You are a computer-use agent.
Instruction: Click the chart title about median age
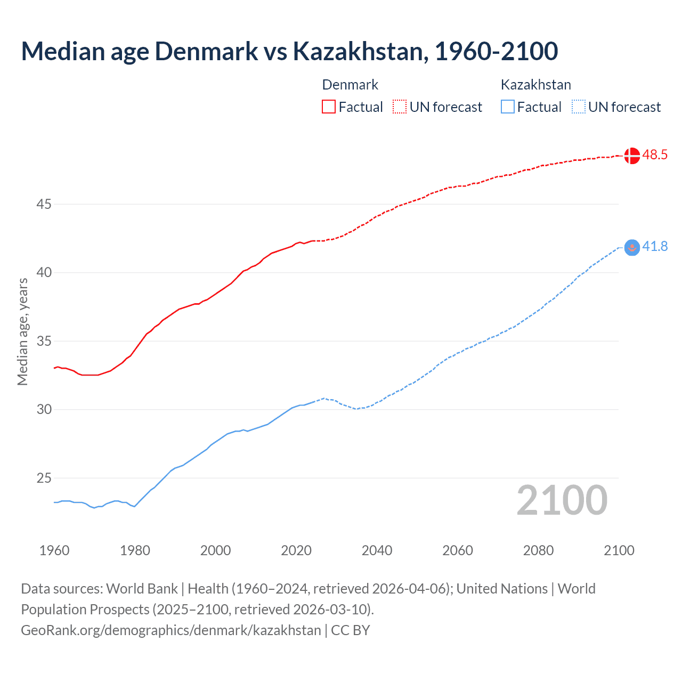pos(289,51)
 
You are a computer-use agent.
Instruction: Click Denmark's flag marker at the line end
pos(631,156)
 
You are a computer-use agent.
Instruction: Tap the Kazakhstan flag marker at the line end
pos(631,247)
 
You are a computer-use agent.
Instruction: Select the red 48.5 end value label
pos(655,155)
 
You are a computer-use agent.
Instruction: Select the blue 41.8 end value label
pos(655,247)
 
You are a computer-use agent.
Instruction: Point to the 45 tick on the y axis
pos(44,205)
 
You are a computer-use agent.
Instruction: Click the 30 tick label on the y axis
pos(44,410)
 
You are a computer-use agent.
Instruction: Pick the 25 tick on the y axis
pos(44,478)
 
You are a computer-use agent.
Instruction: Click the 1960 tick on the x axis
pos(54,550)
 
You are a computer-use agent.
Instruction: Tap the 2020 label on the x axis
pos(296,550)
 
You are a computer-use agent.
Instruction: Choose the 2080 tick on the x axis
pos(538,550)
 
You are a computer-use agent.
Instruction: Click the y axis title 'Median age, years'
pos(22,331)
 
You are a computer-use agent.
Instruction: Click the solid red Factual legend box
pos(329,107)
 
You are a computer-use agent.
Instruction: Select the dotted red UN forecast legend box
pos(400,107)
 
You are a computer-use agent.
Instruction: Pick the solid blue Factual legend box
pos(508,107)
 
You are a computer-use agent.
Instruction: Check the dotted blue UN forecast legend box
pos(578,107)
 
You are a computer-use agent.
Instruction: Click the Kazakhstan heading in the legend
pos(535,85)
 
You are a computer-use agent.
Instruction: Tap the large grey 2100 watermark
pos(562,500)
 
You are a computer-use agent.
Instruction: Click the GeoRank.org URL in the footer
pos(171,630)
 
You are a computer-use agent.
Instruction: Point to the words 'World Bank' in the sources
pos(142,589)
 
